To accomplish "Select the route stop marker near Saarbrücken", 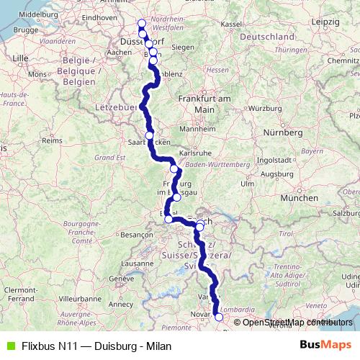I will (149, 135).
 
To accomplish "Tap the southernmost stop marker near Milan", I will (219, 316).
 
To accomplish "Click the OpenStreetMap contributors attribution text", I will (297, 322).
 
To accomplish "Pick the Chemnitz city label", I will (343, 60).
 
